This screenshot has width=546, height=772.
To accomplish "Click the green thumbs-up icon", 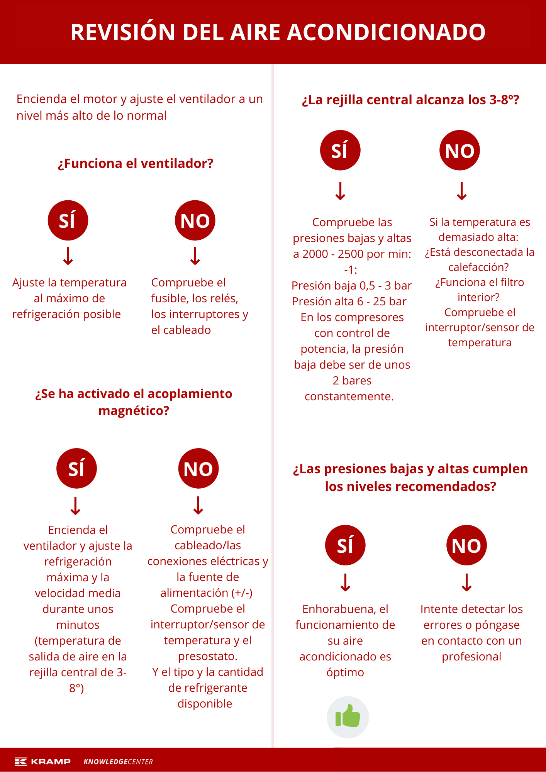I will (348, 717).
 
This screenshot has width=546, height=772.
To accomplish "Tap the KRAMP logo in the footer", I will (43, 761).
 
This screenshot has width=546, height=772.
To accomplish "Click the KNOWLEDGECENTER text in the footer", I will (118, 762).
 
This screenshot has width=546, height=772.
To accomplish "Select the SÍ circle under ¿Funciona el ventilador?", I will (68, 220).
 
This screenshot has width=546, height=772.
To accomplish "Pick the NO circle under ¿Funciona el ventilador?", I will (195, 220).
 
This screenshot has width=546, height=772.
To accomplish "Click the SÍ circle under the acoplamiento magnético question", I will (76, 468).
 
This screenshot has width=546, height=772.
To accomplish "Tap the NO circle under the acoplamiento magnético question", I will (198, 468).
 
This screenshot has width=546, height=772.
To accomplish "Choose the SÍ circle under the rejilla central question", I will (340, 150).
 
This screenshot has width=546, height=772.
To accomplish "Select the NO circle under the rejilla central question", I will (460, 150).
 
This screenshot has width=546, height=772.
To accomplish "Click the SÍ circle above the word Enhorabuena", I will (345, 545).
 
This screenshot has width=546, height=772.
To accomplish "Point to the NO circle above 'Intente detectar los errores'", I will (466, 545).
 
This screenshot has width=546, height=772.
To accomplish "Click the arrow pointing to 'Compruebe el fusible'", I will (195, 256).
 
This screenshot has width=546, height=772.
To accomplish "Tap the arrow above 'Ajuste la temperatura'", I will (68, 256).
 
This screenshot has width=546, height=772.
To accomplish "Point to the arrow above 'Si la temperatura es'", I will (462, 191).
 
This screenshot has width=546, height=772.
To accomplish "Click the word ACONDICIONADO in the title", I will (386, 32).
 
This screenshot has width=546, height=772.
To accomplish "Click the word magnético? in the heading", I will (134, 410).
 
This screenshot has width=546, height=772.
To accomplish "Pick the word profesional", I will (471, 656).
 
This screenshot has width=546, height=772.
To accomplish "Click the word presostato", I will (207, 656).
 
